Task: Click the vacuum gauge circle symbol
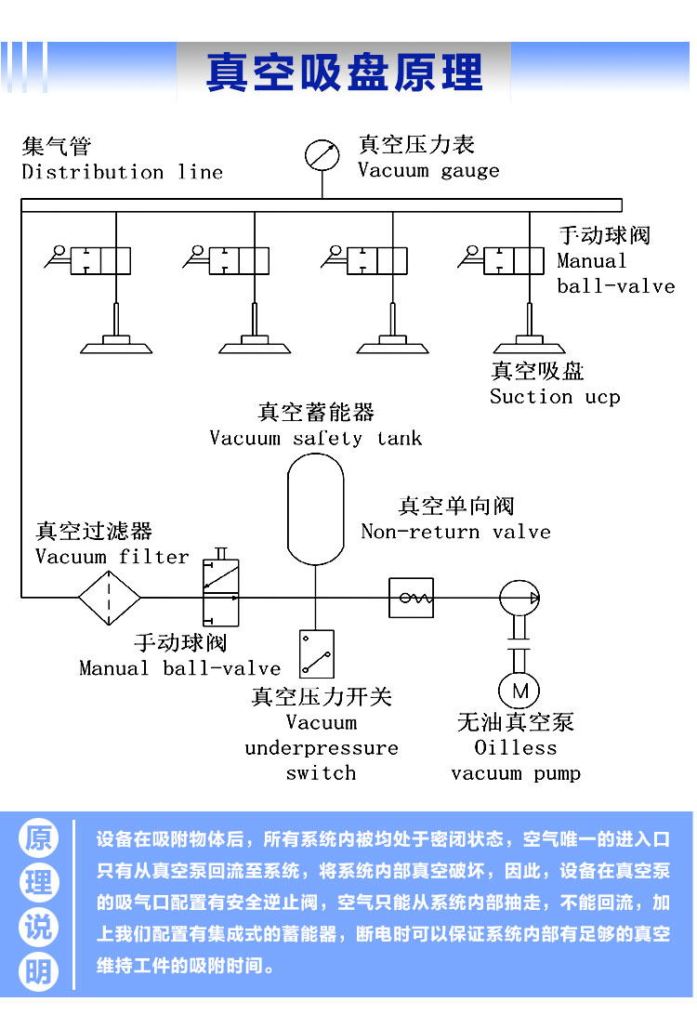point(322,154)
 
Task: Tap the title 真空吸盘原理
point(345,72)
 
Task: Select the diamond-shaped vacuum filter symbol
point(110,598)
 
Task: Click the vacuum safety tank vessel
point(315,508)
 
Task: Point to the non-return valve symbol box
point(412,598)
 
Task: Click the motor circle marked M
point(519,691)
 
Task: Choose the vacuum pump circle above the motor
point(519,598)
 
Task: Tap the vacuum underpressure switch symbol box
point(317,653)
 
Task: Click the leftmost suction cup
point(116,345)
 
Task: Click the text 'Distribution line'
point(122,172)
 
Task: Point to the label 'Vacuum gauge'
point(428,170)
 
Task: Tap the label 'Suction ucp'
point(555,397)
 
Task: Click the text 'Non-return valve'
point(455,532)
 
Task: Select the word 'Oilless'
point(516,747)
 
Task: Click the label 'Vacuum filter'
point(112,557)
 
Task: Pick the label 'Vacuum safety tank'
point(315,438)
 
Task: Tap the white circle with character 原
point(38,839)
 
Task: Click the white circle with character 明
point(38,971)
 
